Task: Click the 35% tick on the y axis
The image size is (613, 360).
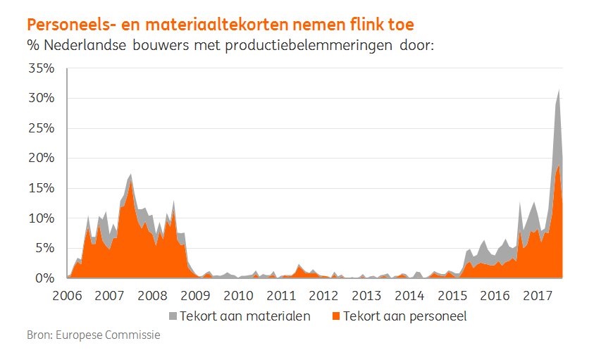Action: (x=41, y=68)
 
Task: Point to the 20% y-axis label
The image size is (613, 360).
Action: (x=41, y=159)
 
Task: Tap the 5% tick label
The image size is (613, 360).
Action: (x=44, y=249)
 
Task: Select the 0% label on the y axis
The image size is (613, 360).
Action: (x=44, y=278)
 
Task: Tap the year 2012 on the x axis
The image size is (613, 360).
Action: (x=324, y=294)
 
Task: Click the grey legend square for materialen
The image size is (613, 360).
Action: (x=173, y=316)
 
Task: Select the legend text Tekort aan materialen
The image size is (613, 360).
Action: (x=245, y=316)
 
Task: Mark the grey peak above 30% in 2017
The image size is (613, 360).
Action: (x=559, y=92)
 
